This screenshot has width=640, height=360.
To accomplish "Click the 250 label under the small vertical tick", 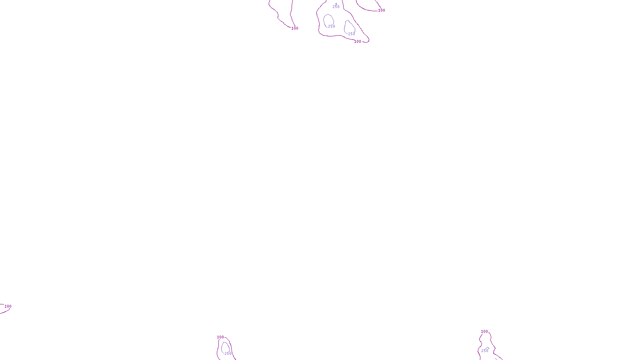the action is pyautogui.click(x=336, y=7).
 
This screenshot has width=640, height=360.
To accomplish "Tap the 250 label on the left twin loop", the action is pyautogui.click(x=332, y=26).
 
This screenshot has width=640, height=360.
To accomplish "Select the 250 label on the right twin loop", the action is pyautogui.click(x=352, y=34).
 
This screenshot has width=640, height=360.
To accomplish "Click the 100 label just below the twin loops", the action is pyautogui.click(x=358, y=42).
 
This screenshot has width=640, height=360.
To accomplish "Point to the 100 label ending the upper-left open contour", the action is pyautogui.click(x=295, y=28).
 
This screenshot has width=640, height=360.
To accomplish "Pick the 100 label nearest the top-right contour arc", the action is pyautogui.click(x=382, y=10).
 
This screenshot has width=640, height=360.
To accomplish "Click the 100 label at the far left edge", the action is pyautogui.click(x=8, y=306).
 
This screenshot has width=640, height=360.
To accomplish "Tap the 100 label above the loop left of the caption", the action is pyautogui.click(x=220, y=337).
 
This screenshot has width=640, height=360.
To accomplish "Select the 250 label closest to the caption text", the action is pyautogui.click(x=228, y=354).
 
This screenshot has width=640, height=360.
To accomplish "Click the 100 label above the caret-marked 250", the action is pyautogui.click(x=484, y=332).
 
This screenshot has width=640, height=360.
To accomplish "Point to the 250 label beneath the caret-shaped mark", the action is pyautogui.click(x=485, y=351).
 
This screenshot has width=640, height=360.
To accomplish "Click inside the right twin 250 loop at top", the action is pyautogui.click(x=349, y=27).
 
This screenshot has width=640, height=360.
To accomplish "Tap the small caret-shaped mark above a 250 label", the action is pyautogui.click(x=488, y=348).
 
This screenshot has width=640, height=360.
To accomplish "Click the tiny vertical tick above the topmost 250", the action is pyautogui.click(x=336, y=4).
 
